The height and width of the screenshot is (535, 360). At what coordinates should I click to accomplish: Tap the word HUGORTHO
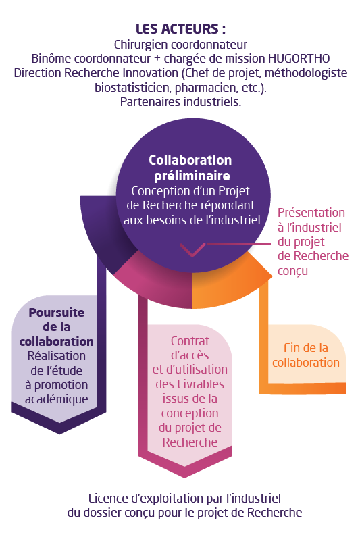click(x=299, y=59)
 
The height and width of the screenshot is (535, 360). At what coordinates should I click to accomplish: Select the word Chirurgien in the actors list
click(x=141, y=45)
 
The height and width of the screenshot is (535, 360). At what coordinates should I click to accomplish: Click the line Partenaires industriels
click(x=180, y=102)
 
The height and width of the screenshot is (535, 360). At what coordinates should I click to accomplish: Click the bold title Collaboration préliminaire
click(x=190, y=168)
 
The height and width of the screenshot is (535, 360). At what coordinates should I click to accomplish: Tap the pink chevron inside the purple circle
click(x=192, y=249)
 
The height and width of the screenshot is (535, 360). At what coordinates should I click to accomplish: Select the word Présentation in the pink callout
click(x=311, y=213)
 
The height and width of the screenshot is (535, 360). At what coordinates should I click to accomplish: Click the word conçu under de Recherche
click(x=292, y=271)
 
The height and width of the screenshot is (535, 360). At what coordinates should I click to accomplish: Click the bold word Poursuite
click(x=57, y=313)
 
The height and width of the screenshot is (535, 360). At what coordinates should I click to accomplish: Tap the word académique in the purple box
click(x=57, y=399)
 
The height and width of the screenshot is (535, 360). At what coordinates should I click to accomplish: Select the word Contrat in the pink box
click(x=190, y=341)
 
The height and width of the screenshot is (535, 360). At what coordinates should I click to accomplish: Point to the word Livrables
click(x=200, y=384)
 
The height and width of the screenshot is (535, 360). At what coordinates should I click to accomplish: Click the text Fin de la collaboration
click(x=306, y=355)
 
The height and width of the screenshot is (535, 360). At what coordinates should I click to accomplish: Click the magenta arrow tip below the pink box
click(x=185, y=477)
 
